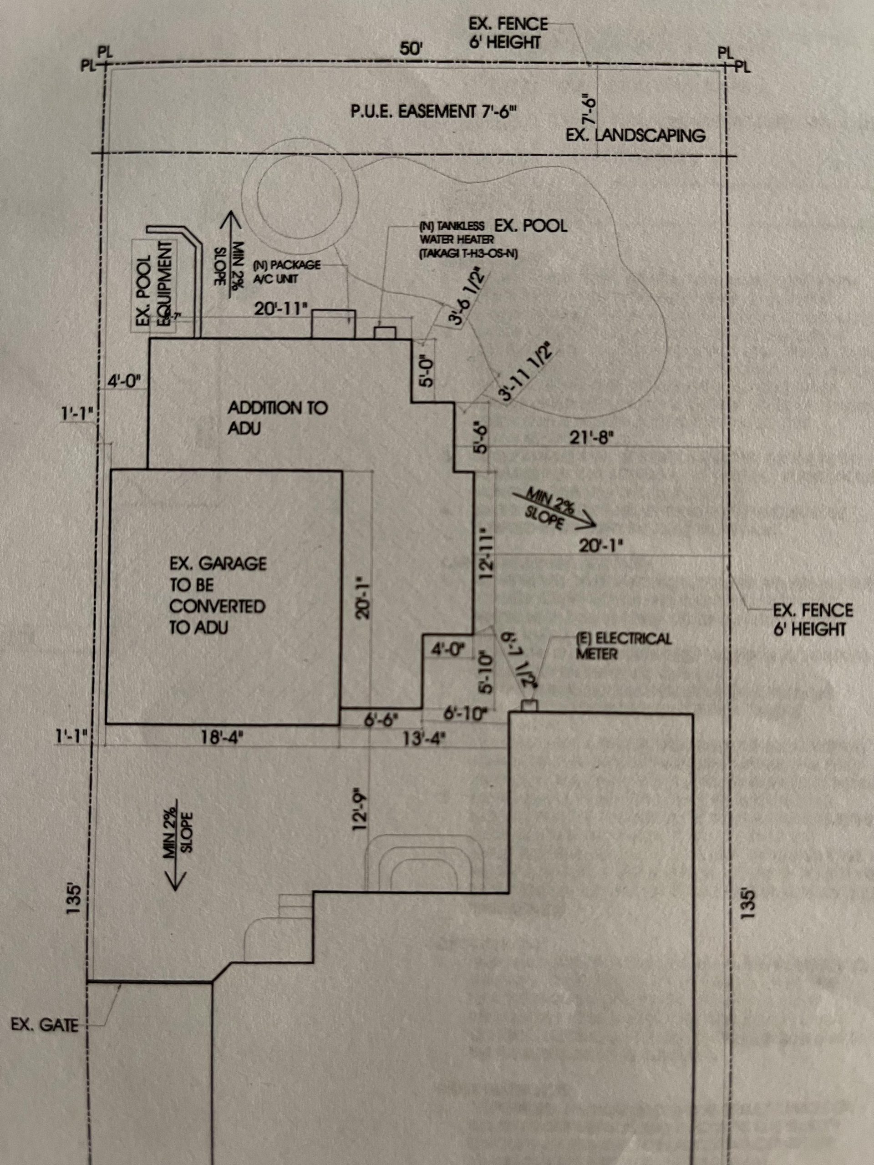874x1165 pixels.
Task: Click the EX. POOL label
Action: pos(530,226)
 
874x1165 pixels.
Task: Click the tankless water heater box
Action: pos(385,333)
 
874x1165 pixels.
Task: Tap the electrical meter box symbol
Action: pos(529,704)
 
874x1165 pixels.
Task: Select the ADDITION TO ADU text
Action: pos(277,418)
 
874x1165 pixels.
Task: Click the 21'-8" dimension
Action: pos(592,437)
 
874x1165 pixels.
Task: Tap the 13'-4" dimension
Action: pos(424,739)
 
